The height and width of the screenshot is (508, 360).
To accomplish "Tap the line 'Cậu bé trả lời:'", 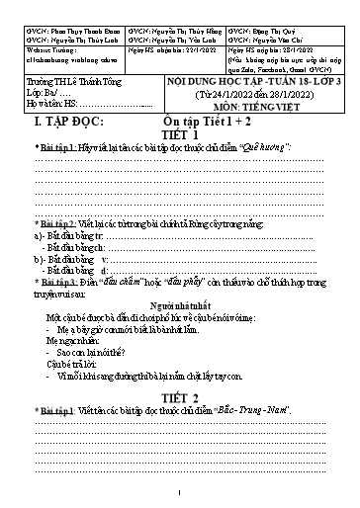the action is click(x=64, y=363).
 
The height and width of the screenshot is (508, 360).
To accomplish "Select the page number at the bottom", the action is click(x=180, y=494).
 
